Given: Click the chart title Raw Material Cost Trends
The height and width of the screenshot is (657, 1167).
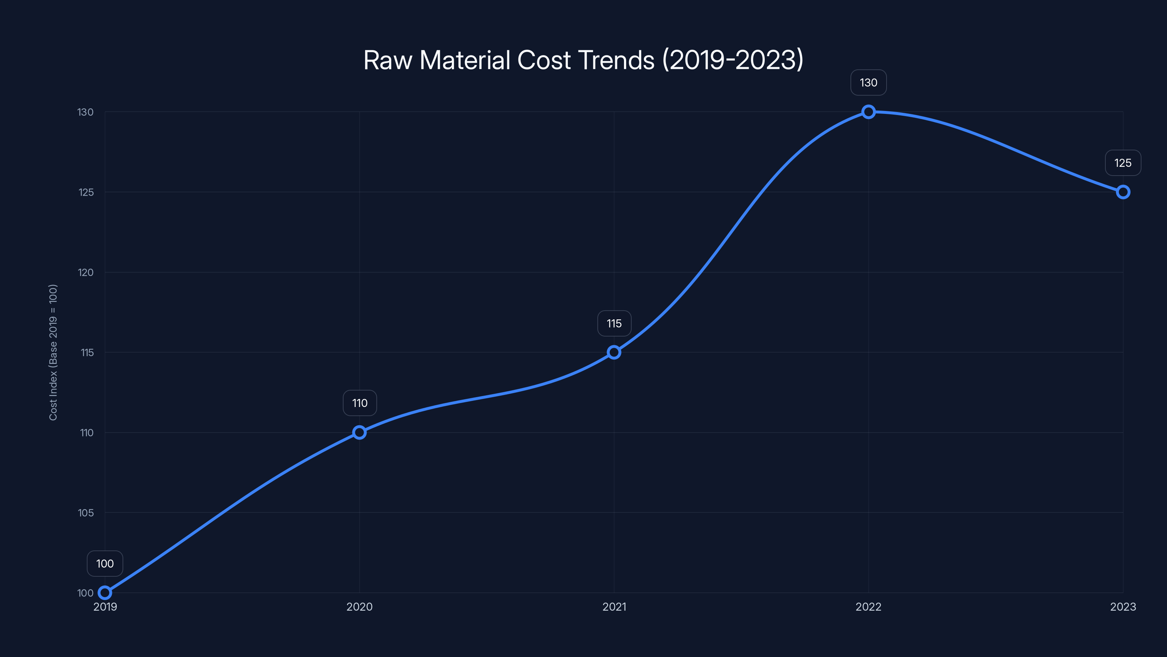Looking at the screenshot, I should [x=583, y=60].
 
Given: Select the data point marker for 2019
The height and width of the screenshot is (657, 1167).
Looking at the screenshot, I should [x=105, y=593].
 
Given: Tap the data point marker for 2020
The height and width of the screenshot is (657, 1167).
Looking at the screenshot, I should [x=359, y=432].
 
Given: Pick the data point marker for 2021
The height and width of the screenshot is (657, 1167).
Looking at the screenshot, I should [x=614, y=352].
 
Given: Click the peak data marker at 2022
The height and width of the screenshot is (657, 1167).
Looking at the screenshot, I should [x=868, y=112].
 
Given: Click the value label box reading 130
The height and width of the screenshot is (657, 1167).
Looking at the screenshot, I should [x=868, y=82].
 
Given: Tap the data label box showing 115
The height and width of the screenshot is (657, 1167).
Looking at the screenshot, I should [x=614, y=323].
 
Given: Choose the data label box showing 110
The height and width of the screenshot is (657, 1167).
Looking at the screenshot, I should [x=360, y=403].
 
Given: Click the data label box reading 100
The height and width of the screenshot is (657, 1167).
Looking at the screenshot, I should [x=105, y=564].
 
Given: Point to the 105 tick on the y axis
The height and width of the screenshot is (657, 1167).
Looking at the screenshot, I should [x=86, y=513].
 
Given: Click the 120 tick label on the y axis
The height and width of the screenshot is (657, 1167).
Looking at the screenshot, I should [x=86, y=273].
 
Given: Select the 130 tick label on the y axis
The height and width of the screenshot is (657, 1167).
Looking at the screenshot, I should [x=86, y=112].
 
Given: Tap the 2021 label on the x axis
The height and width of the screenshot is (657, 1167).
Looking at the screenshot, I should [x=614, y=607].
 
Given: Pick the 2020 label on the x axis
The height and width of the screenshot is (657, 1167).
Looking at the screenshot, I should [x=359, y=607].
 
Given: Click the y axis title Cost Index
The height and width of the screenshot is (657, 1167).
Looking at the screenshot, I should [x=53, y=352].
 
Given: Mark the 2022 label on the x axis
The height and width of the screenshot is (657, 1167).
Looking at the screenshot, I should [x=868, y=607].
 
